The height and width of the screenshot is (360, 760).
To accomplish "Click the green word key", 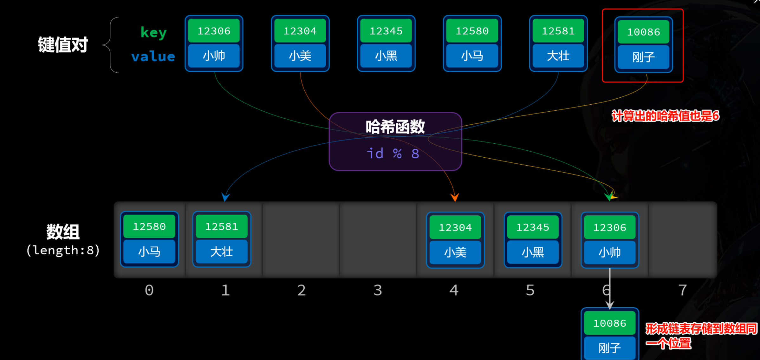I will [153, 32].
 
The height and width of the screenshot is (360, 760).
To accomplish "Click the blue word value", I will [153, 56].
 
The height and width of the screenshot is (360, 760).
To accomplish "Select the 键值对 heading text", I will [62, 44].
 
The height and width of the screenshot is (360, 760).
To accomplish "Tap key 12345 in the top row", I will [386, 31].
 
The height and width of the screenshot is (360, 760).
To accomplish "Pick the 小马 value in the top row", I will [472, 56].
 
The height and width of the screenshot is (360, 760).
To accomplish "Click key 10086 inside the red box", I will [643, 32].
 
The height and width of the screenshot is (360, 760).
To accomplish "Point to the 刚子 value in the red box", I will [643, 57].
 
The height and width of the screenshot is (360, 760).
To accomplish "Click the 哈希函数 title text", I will [395, 127].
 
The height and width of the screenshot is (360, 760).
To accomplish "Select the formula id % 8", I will [393, 154].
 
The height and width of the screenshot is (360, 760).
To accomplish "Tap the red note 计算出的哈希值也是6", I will [665, 116].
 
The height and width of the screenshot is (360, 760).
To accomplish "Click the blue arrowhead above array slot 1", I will [225, 197].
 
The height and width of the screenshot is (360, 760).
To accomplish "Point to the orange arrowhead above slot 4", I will [455, 198].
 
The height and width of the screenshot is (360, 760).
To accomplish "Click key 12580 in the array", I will [149, 226].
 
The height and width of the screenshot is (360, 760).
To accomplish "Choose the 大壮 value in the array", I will [222, 252].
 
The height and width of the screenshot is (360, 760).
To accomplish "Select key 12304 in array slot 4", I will [455, 227].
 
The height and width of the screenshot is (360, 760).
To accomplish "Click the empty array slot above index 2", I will [301, 239].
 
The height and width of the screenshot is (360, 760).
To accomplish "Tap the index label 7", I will [682, 290].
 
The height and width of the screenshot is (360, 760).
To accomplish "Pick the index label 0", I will [149, 290].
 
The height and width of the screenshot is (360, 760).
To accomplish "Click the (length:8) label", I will [63, 250].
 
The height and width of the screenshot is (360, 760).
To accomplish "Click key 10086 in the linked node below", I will [609, 323].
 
